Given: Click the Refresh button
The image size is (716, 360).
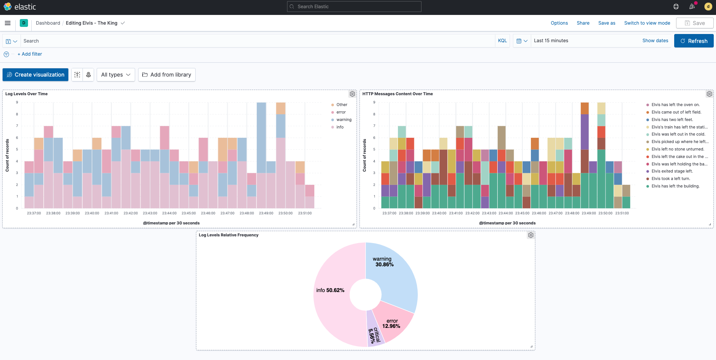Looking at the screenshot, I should tap(694, 41).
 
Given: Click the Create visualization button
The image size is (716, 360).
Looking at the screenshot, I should tap(35, 75).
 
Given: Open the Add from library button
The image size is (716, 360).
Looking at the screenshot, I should tap(166, 75).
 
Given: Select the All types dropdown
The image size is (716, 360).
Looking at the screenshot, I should tap(116, 75).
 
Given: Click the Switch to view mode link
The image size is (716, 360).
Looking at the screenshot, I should tap(647, 23).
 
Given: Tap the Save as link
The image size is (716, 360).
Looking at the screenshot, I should tap(607, 23).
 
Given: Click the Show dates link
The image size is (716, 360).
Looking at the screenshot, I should tap(655, 41).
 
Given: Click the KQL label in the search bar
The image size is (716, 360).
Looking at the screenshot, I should tap(502, 41).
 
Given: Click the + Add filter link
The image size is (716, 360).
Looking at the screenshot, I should tap(30, 54).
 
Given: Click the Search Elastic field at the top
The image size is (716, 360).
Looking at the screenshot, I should tap(354, 7).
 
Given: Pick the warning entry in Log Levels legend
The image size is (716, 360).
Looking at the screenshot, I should tap(343, 120).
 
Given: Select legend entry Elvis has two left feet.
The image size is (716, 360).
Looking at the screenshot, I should tap(672, 120).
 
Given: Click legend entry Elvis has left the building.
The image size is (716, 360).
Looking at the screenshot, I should tap(675, 186).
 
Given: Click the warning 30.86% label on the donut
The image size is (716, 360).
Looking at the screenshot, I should tap(384, 262).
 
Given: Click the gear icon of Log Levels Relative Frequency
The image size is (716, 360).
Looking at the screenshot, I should tap(531, 235).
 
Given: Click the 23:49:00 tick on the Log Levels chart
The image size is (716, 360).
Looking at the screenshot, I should tap(266, 213).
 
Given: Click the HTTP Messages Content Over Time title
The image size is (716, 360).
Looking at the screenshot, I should tap(398, 94).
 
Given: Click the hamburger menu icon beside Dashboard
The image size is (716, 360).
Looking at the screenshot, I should tap(7, 23).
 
